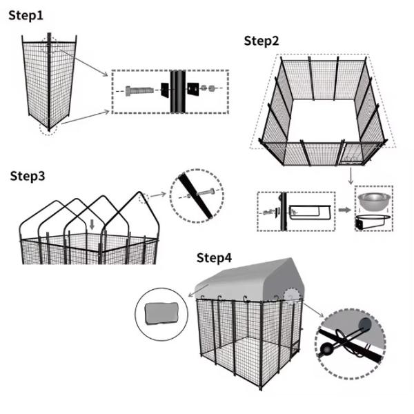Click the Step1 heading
coord(27,15)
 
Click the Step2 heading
coord(262,41)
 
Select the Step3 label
coord(28,176)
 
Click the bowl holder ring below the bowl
coord(373,223)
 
